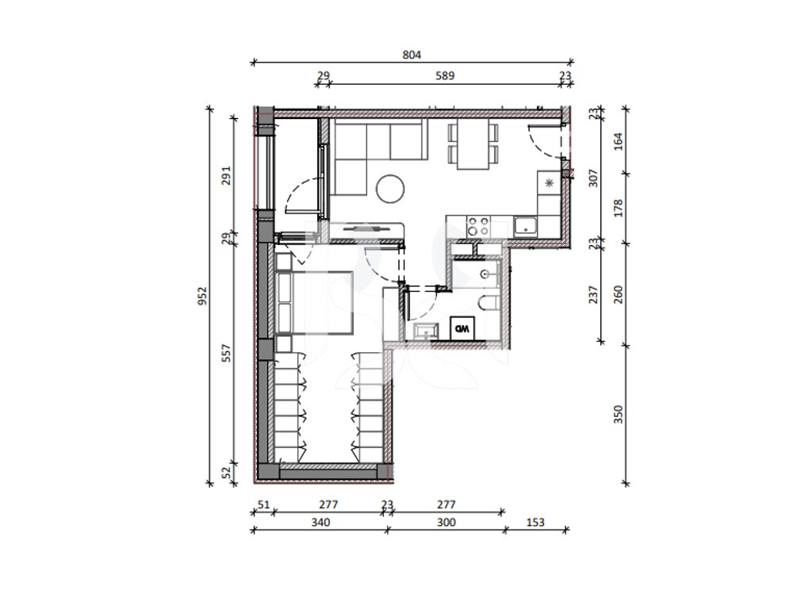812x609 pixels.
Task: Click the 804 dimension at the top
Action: (x=412, y=55)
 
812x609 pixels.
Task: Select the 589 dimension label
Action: (x=445, y=76)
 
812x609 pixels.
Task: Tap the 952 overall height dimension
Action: (x=202, y=296)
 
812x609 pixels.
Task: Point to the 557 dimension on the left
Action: (x=226, y=353)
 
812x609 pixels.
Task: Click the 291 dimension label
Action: (x=226, y=175)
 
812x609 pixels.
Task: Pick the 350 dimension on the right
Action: (x=619, y=414)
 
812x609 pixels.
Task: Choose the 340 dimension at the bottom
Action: (x=320, y=523)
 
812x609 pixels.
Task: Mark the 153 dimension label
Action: (x=535, y=523)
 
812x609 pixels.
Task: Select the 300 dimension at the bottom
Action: (x=446, y=523)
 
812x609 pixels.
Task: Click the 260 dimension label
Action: (x=619, y=295)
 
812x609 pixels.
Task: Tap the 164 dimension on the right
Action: (x=619, y=141)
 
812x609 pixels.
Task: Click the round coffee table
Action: (x=390, y=189)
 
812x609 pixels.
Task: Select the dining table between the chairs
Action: (x=473, y=144)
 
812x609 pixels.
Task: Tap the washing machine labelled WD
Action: (x=462, y=328)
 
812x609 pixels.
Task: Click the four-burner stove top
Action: (x=478, y=226)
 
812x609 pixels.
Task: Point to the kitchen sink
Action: (x=526, y=226)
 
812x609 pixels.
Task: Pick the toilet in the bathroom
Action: (x=488, y=303)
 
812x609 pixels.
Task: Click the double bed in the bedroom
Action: (x=315, y=302)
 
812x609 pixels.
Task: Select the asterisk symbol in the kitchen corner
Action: (x=550, y=182)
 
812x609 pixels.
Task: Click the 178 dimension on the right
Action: (x=619, y=209)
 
